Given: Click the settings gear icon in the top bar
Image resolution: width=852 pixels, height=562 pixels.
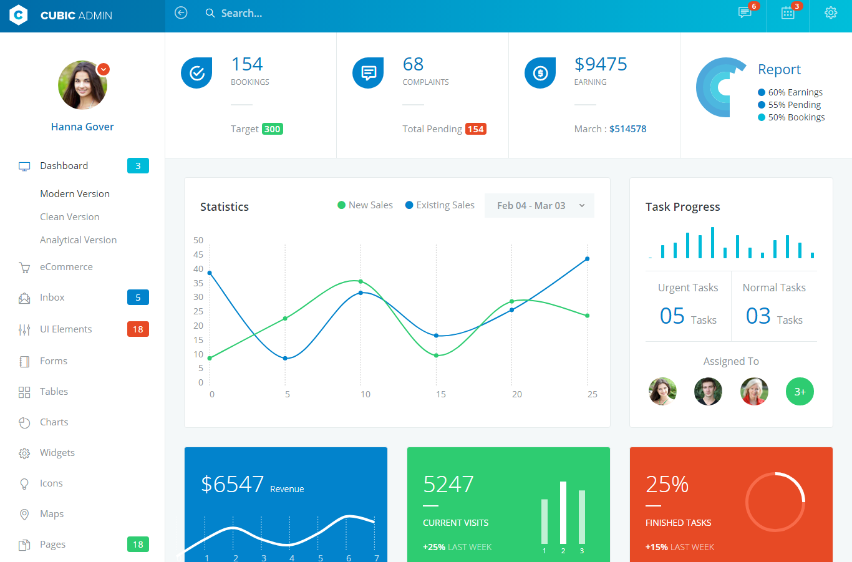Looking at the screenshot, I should [830, 13].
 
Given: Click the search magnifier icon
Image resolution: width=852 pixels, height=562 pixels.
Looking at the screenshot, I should [210, 13].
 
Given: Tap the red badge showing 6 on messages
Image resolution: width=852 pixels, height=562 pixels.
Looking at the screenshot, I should [754, 6].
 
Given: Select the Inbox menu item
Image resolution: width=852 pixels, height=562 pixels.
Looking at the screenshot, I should [52, 298].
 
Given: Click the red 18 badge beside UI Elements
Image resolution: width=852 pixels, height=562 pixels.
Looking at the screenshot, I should [138, 329].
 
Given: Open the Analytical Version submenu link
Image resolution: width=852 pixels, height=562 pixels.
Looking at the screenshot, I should [78, 240].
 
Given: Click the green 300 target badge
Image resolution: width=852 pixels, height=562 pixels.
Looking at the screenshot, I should [273, 129].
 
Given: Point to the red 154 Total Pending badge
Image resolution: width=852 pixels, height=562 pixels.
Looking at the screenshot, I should [476, 129].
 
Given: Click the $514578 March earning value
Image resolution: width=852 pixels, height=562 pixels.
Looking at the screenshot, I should [627, 129].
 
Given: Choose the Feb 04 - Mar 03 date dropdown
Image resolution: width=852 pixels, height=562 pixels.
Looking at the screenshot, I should [540, 206].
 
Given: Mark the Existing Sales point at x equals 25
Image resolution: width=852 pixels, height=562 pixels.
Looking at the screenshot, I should [588, 259].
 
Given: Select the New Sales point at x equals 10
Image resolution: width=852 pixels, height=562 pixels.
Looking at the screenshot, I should [361, 282].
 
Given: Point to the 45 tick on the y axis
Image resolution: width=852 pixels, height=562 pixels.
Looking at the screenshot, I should [198, 254].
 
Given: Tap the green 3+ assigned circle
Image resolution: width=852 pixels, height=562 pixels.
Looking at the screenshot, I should [800, 392].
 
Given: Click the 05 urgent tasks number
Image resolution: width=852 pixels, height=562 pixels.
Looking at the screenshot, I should [672, 316].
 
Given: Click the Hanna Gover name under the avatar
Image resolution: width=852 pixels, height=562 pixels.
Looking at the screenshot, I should [82, 127].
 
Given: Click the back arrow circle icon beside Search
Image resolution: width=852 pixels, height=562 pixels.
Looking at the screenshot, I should [181, 13].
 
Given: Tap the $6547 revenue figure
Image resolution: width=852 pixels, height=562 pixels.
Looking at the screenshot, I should [233, 485].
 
